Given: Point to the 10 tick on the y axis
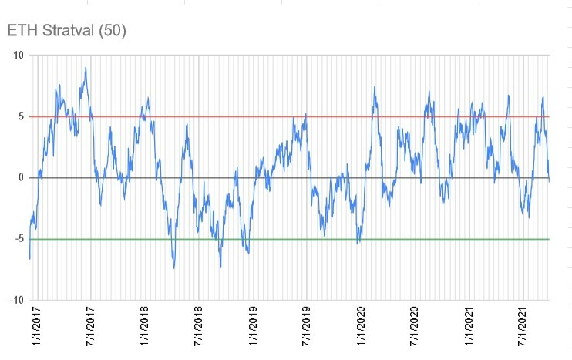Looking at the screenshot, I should click(18, 56).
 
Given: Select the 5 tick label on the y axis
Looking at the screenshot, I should click(21, 116).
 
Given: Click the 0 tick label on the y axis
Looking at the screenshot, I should click(21, 178).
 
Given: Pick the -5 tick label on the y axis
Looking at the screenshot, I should click(19, 239).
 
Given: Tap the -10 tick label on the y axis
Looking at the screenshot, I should click(16, 301).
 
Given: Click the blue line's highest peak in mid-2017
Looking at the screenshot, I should click(86, 68).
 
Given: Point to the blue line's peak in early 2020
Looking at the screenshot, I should click(375, 87).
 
